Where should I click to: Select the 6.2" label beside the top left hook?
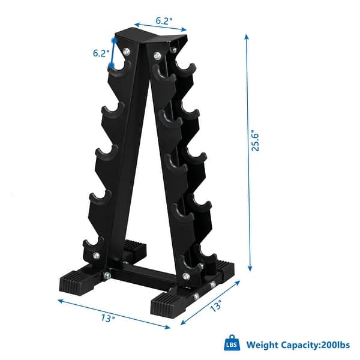coord(100,53)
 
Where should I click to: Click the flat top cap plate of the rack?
coord(150,37)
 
